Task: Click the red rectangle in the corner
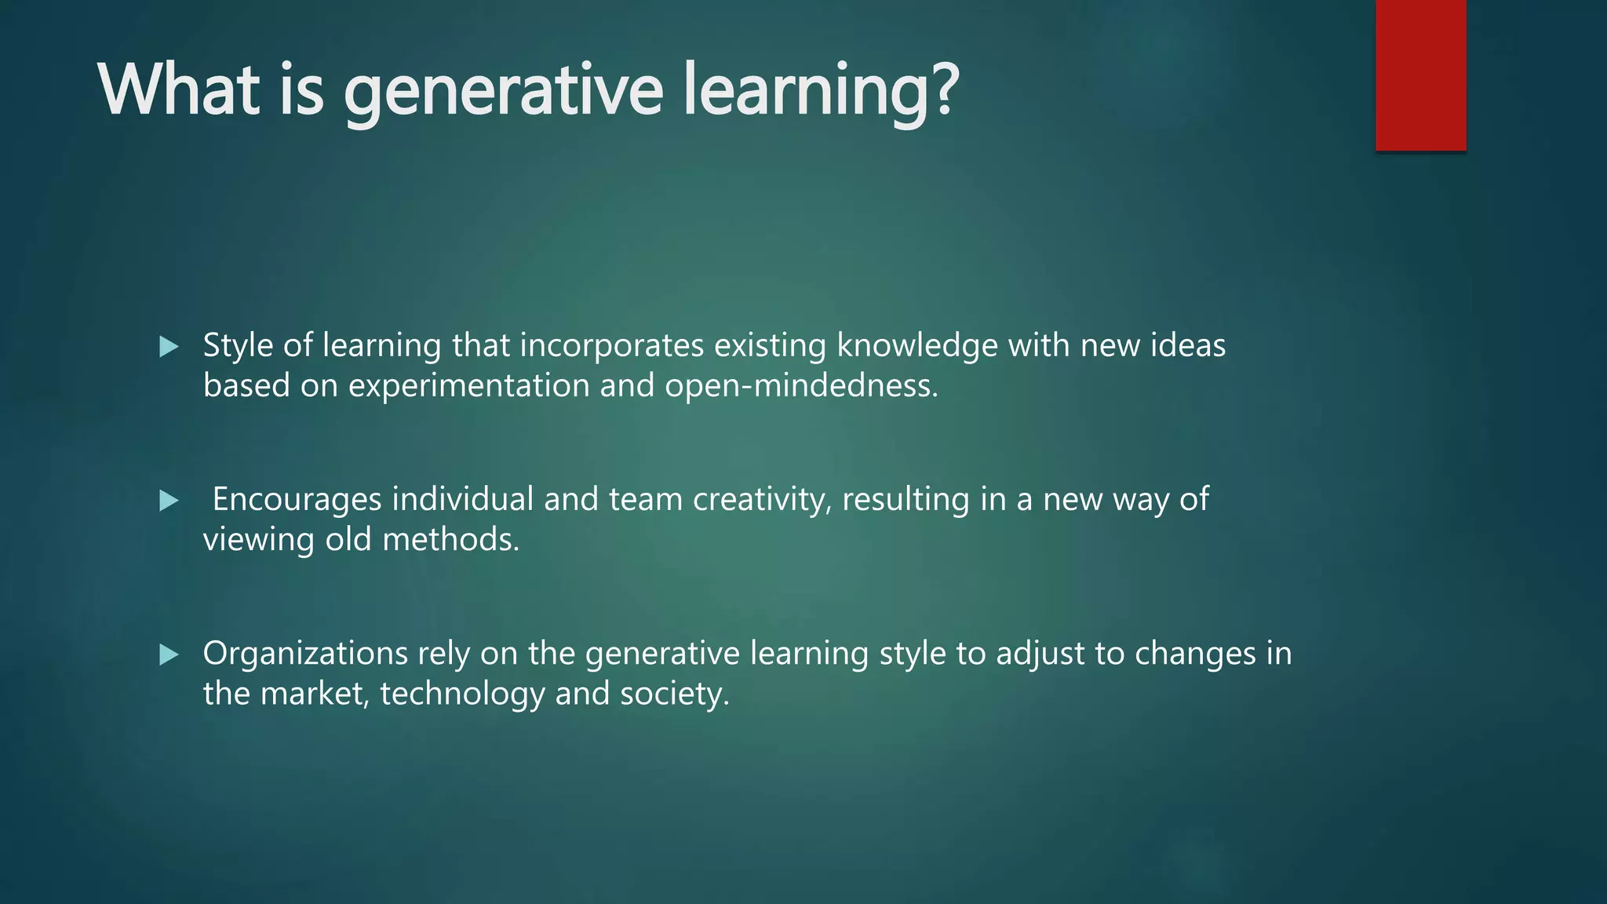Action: (x=1420, y=75)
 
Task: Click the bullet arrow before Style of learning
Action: (x=169, y=347)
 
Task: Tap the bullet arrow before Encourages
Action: (x=169, y=501)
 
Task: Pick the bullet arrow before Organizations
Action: (x=169, y=654)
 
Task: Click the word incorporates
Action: (x=611, y=346)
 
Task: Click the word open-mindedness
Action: (x=800, y=386)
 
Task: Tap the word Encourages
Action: (x=297, y=500)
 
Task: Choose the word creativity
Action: (x=761, y=500)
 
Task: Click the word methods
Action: (x=450, y=540)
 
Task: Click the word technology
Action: (x=462, y=694)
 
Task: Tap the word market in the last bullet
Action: (x=314, y=694)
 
